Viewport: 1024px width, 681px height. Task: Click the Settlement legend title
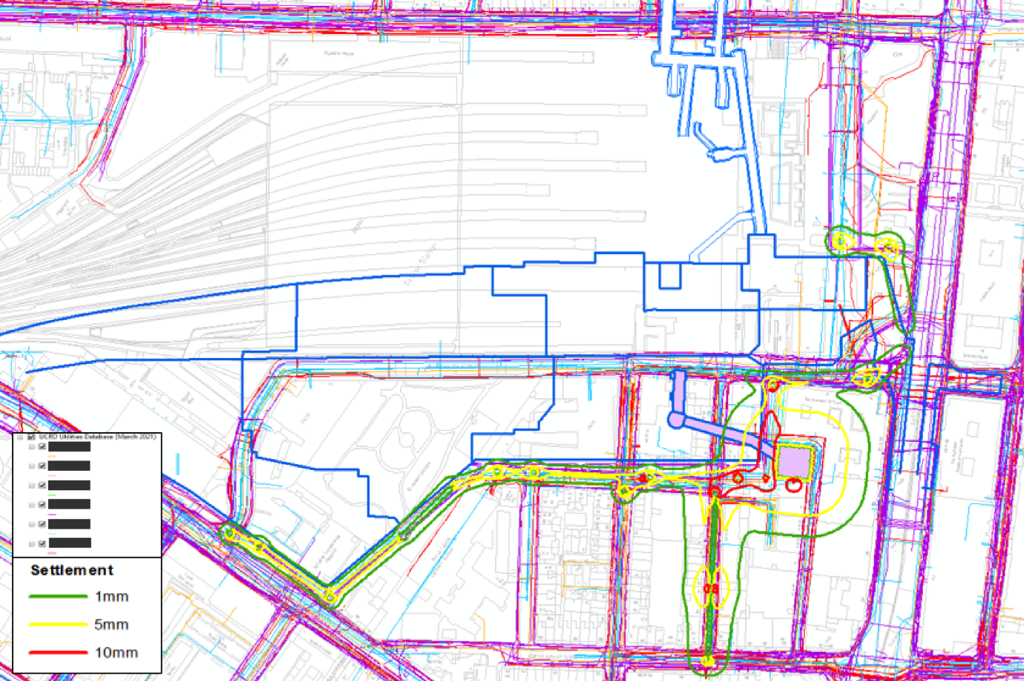tap(72, 570)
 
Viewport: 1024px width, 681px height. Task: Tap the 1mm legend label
tap(111, 596)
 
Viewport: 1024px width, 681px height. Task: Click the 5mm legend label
tap(111, 625)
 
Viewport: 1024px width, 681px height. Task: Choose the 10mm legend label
tap(116, 653)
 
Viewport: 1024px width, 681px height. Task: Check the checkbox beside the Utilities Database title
tap(31, 437)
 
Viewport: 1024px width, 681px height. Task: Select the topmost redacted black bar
tap(69, 447)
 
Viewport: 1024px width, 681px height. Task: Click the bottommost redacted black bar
tap(69, 543)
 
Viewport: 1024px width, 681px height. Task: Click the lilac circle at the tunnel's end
tap(675, 420)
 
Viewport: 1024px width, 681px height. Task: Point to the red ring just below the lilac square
tap(793, 485)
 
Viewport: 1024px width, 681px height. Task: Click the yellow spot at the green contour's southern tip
tap(709, 660)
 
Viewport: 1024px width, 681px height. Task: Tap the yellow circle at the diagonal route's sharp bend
tap(329, 596)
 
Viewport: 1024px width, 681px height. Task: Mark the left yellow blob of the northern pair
tap(840, 241)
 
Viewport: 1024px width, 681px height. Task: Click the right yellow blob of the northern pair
tap(887, 247)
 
